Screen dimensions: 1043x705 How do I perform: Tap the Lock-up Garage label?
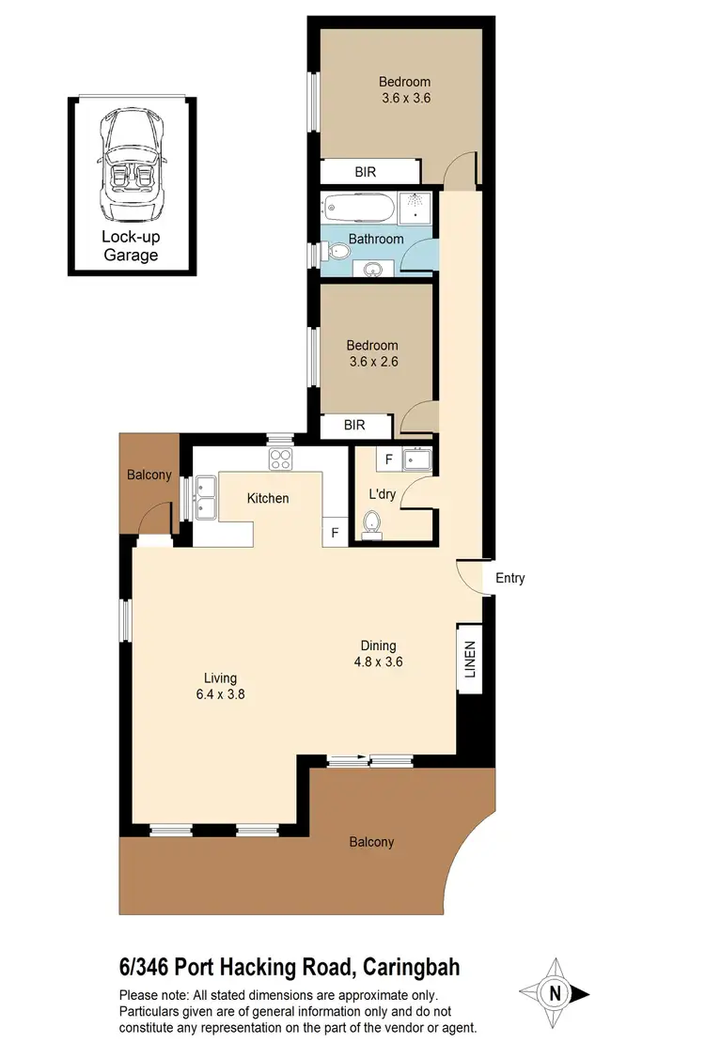click(130, 246)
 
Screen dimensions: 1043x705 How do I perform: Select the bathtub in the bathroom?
click(358, 208)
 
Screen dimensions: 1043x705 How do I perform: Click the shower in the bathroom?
click(415, 209)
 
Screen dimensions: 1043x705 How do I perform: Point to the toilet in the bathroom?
click(332, 251)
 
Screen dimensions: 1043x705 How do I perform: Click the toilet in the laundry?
click(371, 522)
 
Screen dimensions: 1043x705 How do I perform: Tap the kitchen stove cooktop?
click(281, 459)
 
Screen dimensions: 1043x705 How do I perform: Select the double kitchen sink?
click(204, 497)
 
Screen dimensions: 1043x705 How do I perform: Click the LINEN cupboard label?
click(470, 660)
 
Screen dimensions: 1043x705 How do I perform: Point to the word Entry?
click(509, 578)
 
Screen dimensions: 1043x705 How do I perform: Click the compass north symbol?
click(556, 993)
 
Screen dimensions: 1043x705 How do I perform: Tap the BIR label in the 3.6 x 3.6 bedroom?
click(367, 172)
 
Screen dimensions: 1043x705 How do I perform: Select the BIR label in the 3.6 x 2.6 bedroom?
click(354, 426)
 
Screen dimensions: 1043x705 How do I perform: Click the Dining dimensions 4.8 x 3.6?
click(379, 661)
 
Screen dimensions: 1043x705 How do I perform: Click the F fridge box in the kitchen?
click(334, 533)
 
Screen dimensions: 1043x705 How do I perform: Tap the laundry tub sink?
click(415, 460)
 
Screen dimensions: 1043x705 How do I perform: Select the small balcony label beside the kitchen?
click(149, 475)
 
